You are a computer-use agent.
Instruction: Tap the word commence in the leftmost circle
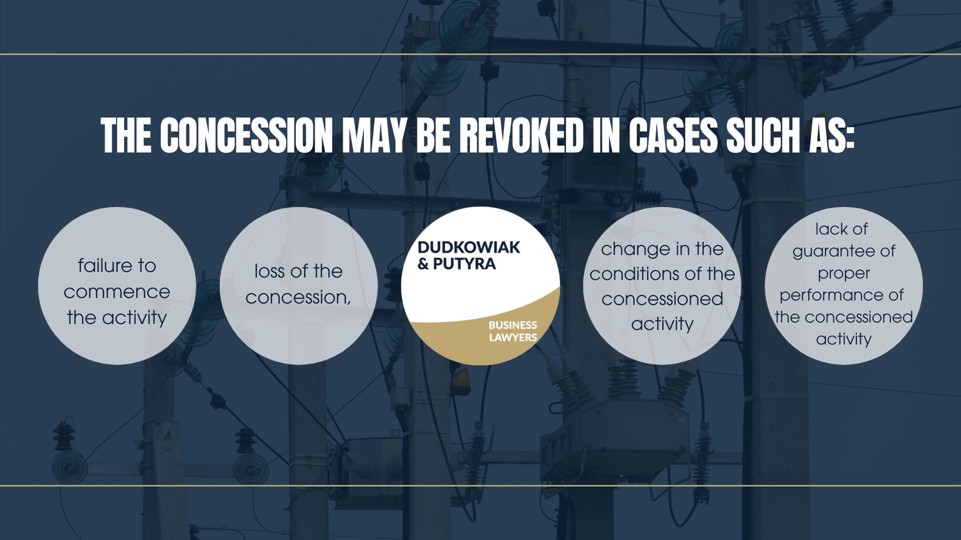coord(117,291)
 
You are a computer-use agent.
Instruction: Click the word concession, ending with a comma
coord(298,297)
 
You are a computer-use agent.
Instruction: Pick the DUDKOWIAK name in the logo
coord(468,247)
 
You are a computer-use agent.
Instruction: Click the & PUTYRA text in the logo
coord(456,263)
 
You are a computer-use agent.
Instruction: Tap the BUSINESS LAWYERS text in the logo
coord(513,331)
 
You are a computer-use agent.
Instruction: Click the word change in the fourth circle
coord(629,248)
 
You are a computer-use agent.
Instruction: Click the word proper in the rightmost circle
coord(843,273)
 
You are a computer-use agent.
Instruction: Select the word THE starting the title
coord(127,136)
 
